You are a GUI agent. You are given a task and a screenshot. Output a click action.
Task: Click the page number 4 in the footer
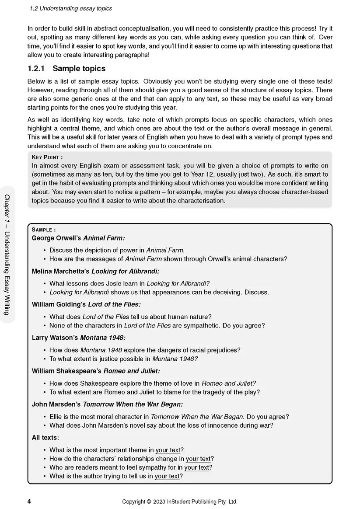point(29,501)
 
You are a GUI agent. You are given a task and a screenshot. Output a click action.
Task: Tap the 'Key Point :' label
point(47,157)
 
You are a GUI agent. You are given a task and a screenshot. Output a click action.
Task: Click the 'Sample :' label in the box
point(44,230)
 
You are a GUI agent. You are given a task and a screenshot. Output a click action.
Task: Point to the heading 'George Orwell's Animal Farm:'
point(78,238)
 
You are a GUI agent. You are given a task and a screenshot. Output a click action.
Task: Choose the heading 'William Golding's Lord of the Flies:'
point(86,304)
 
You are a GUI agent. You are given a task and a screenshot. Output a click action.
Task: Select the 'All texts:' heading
point(45,437)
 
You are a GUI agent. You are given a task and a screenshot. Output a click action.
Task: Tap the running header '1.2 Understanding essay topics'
point(70,8)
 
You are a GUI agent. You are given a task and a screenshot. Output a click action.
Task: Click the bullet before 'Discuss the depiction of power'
point(45,251)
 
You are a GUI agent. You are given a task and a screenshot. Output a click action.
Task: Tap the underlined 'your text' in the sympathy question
point(197,467)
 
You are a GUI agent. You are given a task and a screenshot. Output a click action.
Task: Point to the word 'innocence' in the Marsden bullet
point(214,425)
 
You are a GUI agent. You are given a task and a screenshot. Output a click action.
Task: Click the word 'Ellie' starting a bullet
point(57,417)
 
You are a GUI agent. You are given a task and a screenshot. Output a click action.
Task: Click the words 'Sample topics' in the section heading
point(79,69)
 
